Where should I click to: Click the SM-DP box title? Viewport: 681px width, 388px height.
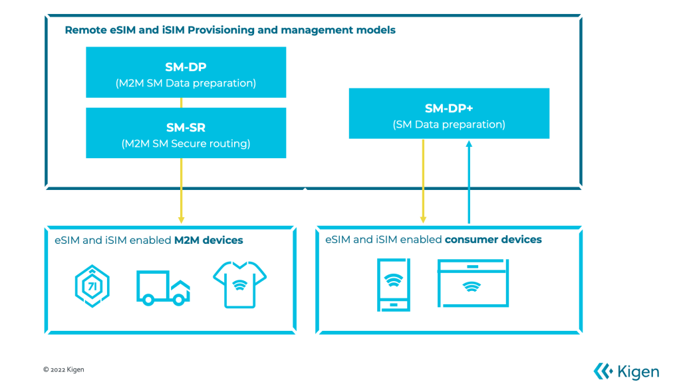coord(186,66)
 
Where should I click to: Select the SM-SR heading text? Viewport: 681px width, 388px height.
coord(186,128)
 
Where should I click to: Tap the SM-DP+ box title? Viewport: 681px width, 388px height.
coord(449,108)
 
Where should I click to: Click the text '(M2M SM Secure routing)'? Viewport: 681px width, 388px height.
coord(186,143)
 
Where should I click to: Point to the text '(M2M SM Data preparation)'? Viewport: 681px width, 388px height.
coord(186,83)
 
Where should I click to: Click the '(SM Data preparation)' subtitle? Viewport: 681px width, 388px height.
coord(449,124)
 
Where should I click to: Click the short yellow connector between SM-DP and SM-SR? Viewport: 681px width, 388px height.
coord(181,102)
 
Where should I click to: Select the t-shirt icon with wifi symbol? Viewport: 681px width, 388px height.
coord(239,284)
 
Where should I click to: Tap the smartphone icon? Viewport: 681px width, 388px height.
coord(394,285)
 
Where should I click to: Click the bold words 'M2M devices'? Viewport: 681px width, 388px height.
coord(209,240)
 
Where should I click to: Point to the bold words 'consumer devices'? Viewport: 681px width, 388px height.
coord(493,239)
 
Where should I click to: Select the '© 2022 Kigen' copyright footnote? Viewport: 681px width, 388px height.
coord(64,369)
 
